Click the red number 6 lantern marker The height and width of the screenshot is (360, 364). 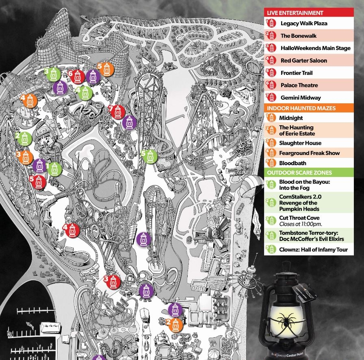click(x=79, y=76)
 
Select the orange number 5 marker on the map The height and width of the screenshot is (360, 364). click(x=106, y=69)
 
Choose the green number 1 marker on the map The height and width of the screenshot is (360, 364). click(x=55, y=168)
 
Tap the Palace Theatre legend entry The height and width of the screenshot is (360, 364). click(x=299, y=85)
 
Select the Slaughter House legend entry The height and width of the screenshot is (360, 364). click(x=300, y=143)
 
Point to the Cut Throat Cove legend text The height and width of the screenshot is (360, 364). click(x=299, y=218)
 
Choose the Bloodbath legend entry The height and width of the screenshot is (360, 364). click(x=292, y=163)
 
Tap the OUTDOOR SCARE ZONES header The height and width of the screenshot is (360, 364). click(x=299, y=173)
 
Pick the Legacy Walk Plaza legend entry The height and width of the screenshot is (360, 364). click(x=303, y=24)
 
